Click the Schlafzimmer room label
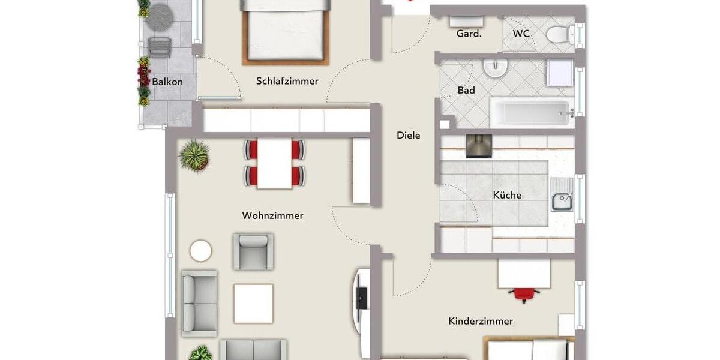coord(287,81)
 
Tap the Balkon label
coord(167,82)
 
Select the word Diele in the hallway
coord(408,136)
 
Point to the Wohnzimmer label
coord(272,215)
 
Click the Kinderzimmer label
coord(481,321)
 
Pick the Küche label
coord(507,195)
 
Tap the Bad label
coord(466,91)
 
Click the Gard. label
coord(469,34)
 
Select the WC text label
coord(521,34)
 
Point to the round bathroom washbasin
coord(496,69)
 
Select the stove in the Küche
coord(479,146)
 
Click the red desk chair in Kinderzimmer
coord(523,293)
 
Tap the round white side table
coord(200,251)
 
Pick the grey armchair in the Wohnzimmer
coord(253,251)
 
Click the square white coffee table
coord(253,303)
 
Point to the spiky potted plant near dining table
coord(194,155)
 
